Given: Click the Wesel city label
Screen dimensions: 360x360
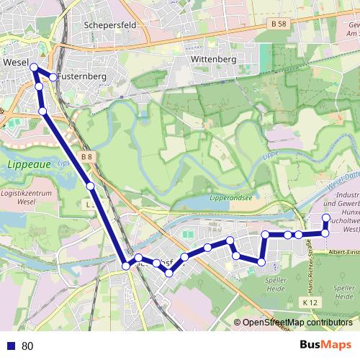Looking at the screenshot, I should (x=15, y=63).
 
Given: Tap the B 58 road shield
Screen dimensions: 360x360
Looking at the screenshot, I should (x=282, y=24).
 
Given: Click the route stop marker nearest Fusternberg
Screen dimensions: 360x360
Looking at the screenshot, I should (x=53, y=76).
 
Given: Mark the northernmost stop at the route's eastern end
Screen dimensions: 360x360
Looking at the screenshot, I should (x=325, y=217).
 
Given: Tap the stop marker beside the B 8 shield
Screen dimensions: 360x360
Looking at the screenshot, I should (x=91, y=186).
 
